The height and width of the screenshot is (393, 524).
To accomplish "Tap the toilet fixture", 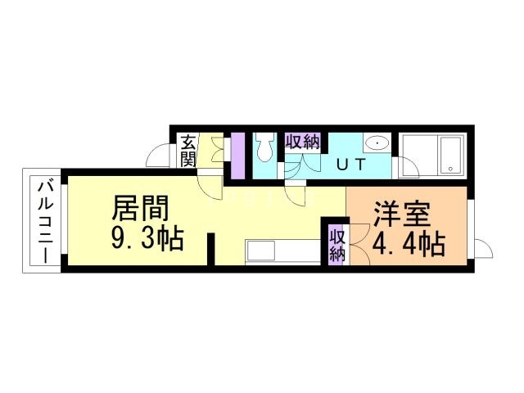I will [x=264, y=149].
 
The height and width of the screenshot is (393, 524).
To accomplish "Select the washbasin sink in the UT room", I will [x=376, y=143].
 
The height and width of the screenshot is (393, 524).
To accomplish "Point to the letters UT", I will [x=350, y=163].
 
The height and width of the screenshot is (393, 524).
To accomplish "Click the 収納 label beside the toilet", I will [x=301, y=141].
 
